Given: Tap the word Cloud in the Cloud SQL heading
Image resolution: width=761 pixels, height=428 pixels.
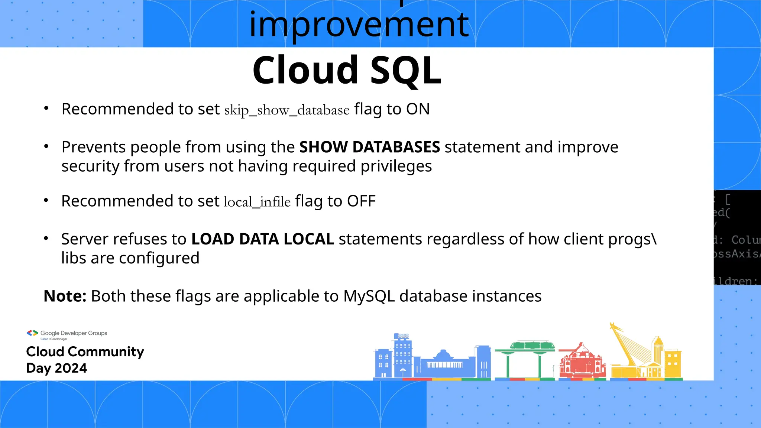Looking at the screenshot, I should (x=305, y=70).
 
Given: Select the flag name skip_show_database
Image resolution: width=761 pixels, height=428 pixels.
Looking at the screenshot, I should (x=287, y=110).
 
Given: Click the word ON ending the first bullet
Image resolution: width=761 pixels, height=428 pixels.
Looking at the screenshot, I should (x=418, y=109).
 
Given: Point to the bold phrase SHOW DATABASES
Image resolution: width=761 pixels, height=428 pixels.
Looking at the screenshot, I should (x=370, y=147).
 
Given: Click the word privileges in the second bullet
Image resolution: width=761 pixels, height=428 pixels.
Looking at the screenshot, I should (x=396, y=166).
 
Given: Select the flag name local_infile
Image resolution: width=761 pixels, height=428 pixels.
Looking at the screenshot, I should (x=257, y=202).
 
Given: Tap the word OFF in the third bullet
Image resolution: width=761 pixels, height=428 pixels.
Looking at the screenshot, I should (x=361, y=201).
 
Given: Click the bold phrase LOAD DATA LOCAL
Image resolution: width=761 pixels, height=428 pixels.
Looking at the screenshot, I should (x=262, y=239).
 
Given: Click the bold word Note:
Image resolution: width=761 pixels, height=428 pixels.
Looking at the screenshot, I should (x=65, y=296).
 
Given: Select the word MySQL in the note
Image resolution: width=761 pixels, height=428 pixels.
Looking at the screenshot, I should (x=369, y=296).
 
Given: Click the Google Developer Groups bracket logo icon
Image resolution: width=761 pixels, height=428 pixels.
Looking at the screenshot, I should (x=32, y=333).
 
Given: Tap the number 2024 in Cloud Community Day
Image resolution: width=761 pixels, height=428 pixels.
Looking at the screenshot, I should (x=71, y=368).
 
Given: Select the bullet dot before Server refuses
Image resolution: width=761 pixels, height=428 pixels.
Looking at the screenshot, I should (x=46, y=239).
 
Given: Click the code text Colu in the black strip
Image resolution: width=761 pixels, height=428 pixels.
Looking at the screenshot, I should (x=745, y=240).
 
